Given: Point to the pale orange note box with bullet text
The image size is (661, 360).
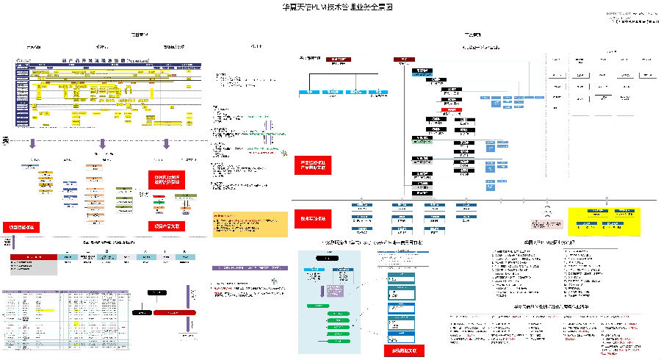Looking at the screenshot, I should point(250,224).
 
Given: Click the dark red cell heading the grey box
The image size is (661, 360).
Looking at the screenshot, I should point(34,257).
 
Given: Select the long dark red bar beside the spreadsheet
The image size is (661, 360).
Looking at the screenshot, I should point(175,313).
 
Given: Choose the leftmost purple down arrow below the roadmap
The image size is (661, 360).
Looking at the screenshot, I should point(33,143).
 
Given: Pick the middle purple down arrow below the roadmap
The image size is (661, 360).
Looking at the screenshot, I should point(103,143).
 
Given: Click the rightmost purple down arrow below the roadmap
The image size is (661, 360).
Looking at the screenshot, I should point(166,143).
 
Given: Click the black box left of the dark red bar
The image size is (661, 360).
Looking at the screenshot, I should point(142,313).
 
